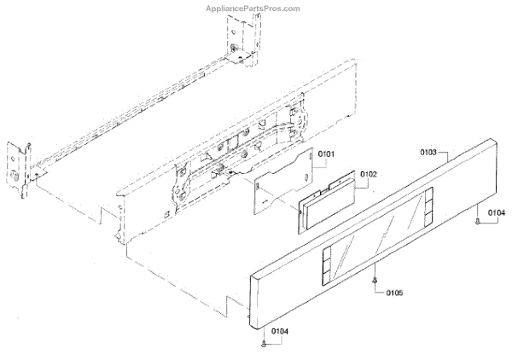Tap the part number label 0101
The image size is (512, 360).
tap(327, 154)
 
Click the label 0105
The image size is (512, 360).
tap(393, 293)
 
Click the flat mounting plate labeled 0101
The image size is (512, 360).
tap(282, 183)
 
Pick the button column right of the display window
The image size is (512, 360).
tap(435, 202)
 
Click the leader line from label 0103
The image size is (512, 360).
tap(448, 152)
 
